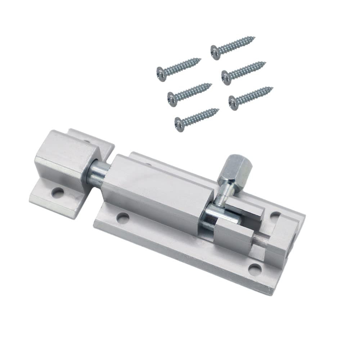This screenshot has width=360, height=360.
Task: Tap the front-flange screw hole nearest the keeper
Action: click(x=123, y=217)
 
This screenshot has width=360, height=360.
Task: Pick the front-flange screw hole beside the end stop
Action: click(x=255, y=268)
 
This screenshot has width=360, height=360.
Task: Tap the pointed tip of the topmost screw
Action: click(x=254, y=37)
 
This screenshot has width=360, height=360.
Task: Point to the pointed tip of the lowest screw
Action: click(x=218, y=109)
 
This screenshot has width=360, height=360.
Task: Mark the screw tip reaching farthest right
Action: click(x=272, y=87)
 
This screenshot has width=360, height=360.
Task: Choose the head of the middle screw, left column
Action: click(x=172, y=97)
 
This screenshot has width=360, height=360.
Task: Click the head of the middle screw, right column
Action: click(x=226, y=77)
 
